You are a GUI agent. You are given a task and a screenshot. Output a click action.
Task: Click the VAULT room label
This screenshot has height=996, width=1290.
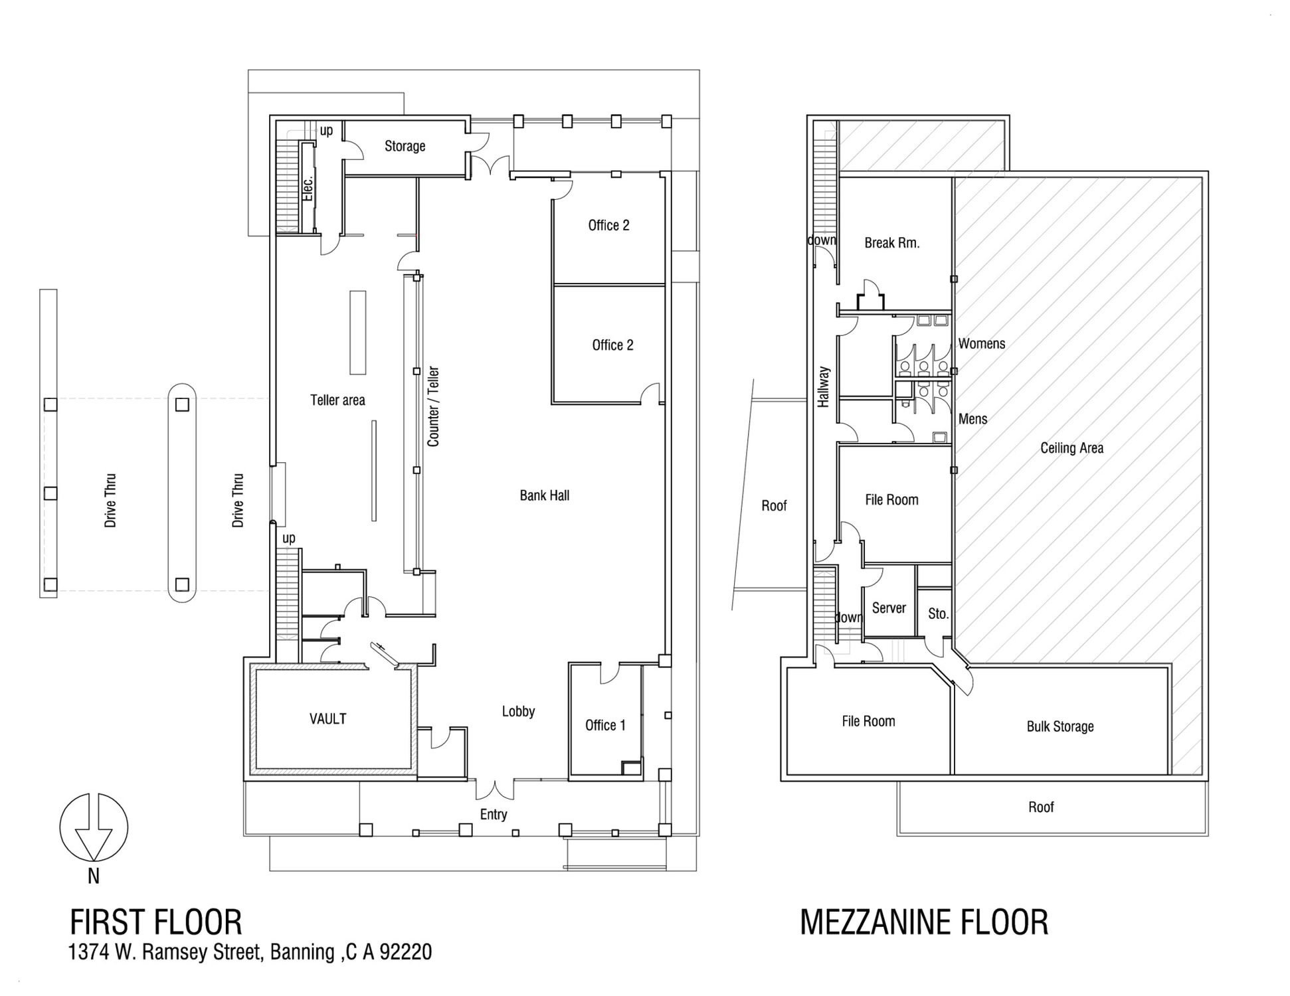click(327, 718)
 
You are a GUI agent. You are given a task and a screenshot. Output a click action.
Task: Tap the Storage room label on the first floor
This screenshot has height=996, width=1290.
click(405, 146)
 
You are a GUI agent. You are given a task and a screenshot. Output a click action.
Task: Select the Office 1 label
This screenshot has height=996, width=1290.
click(605, 725)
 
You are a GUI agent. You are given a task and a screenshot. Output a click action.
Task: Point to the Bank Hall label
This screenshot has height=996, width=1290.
click(544, 495)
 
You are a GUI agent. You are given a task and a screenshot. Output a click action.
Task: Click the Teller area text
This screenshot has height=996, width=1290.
click(337, 400)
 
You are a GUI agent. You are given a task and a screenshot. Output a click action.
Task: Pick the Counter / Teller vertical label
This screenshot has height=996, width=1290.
click(433, 406)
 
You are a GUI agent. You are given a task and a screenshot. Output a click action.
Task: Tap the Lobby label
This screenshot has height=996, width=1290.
click(518, 711)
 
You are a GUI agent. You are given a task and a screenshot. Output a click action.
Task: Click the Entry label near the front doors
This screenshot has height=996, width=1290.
click(494, 815)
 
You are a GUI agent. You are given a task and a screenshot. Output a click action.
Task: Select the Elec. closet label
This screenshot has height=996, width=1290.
click(308, 187)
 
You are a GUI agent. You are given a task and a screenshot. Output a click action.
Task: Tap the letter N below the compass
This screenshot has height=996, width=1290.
click(94, 876)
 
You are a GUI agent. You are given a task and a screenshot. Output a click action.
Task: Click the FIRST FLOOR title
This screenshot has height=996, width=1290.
click(156, 922)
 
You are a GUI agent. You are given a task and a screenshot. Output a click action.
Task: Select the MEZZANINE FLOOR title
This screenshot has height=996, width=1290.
click(924, 922)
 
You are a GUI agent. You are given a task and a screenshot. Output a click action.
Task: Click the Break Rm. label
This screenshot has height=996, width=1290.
click(892, 243)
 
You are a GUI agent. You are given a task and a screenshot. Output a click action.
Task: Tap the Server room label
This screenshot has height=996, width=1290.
click(889, 608)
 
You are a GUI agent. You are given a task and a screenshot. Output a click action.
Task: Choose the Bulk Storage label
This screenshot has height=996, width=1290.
click(1060, 726)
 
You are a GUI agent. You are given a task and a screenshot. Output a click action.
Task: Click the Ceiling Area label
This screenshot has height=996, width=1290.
click(1071, 448)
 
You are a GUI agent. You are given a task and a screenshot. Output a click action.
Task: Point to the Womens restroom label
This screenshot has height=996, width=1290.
click(982, 344)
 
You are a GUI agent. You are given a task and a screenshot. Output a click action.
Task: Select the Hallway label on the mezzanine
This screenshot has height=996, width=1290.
click(824, 386)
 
